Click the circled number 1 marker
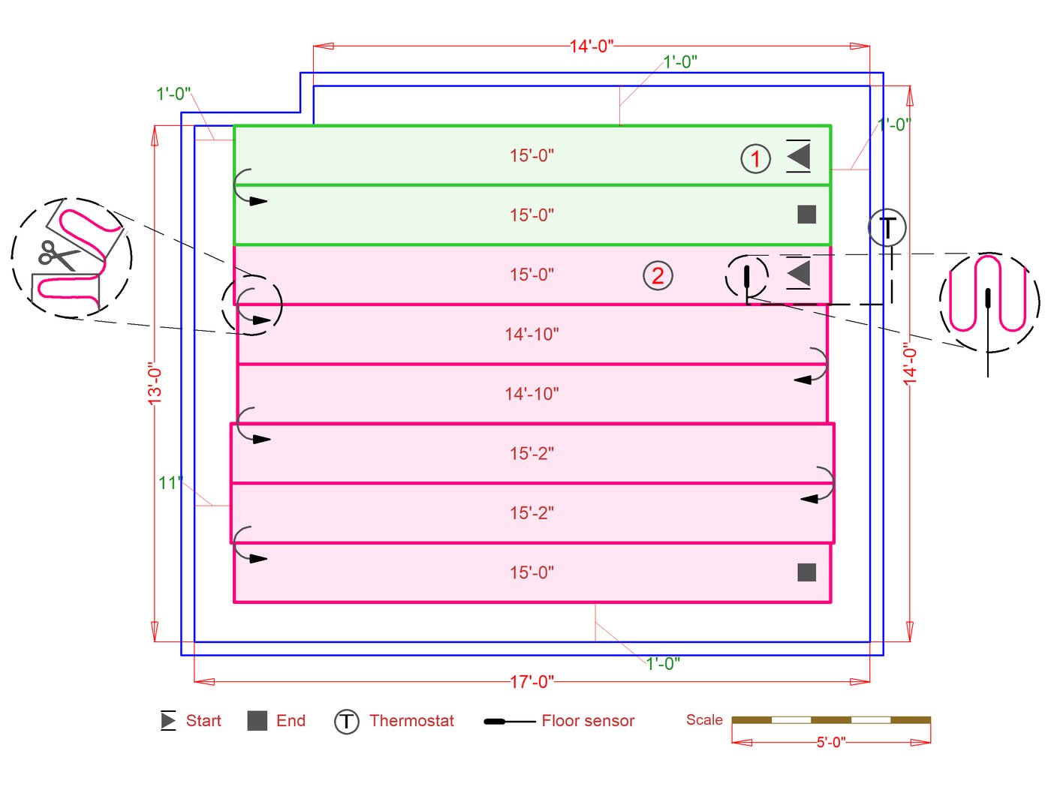(x=755, y=159)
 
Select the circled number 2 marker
(x=658, y=276)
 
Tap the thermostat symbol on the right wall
(x=887, y=228)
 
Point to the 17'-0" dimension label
(x=532, y=681)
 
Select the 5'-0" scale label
(x=831, y=742)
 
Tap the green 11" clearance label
(x=170, y=482)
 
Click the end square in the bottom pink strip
(x=806, y=572)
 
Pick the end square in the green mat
(x=806, y=215)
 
